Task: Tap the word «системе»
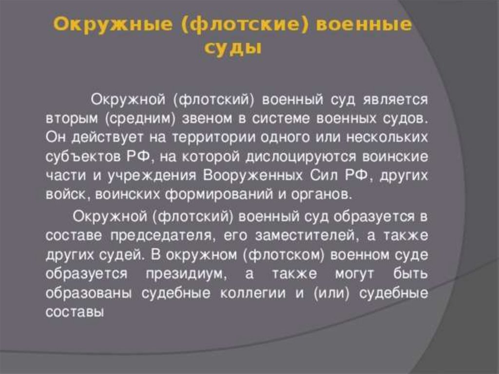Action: click(281, 119)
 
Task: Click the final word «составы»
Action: click(75, 312)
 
